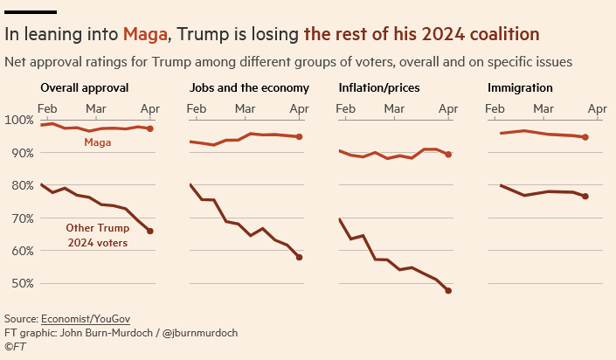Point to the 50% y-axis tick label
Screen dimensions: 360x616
20,283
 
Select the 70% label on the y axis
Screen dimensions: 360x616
20,218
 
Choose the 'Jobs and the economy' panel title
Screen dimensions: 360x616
249,88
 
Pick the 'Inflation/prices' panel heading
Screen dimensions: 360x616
378,88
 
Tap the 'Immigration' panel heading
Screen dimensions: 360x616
520,88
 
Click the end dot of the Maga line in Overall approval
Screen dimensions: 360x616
150,128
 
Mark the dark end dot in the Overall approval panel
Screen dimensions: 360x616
150,231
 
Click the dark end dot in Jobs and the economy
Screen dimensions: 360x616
299,257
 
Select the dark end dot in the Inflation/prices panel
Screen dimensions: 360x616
448,290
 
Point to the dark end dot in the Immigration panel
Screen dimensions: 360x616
585,197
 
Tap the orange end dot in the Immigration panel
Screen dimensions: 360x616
585,137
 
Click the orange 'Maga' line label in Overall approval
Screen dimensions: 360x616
98,142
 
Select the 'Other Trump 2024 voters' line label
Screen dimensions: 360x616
97,236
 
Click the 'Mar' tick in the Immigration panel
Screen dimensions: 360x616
544,108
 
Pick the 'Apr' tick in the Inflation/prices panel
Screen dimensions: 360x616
448,108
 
